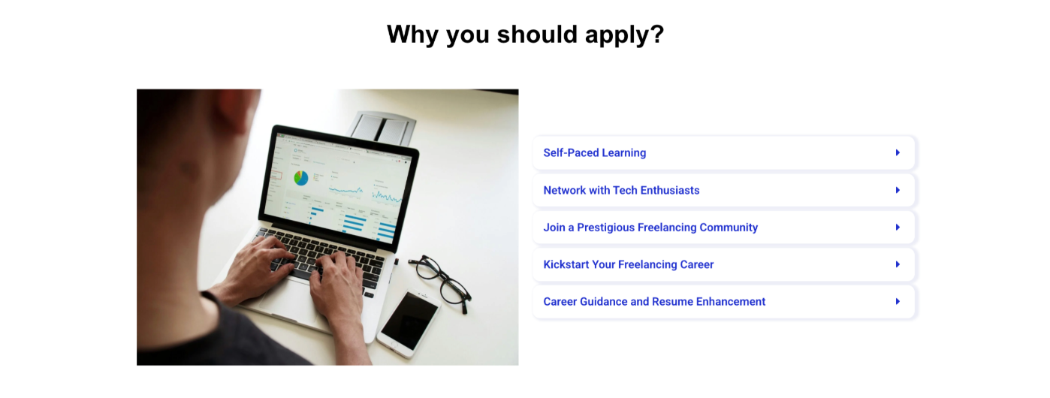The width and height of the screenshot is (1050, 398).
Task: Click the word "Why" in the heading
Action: point(412,35)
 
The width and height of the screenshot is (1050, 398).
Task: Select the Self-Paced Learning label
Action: point(594,153)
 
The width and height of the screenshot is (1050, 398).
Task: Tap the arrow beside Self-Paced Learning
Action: point(898,153)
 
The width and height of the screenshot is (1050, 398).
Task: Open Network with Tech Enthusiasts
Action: point(621,190)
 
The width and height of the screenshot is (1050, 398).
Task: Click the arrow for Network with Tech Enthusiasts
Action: point(898,190)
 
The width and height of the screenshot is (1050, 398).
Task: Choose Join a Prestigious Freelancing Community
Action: point(650,228)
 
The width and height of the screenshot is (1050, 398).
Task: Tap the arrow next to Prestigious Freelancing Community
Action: point(898,228)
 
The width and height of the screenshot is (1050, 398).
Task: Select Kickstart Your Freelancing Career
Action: point(629,264)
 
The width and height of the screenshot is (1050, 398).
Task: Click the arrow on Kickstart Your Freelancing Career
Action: point(898,264)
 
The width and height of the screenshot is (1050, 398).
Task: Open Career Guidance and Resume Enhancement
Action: point(654,301)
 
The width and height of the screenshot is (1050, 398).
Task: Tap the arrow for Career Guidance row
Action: point(898,301)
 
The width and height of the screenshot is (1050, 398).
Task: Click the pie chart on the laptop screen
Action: point(301,178)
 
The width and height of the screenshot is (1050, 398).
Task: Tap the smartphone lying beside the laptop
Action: point(409,324)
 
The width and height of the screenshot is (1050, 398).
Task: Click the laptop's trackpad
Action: point(286,300)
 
